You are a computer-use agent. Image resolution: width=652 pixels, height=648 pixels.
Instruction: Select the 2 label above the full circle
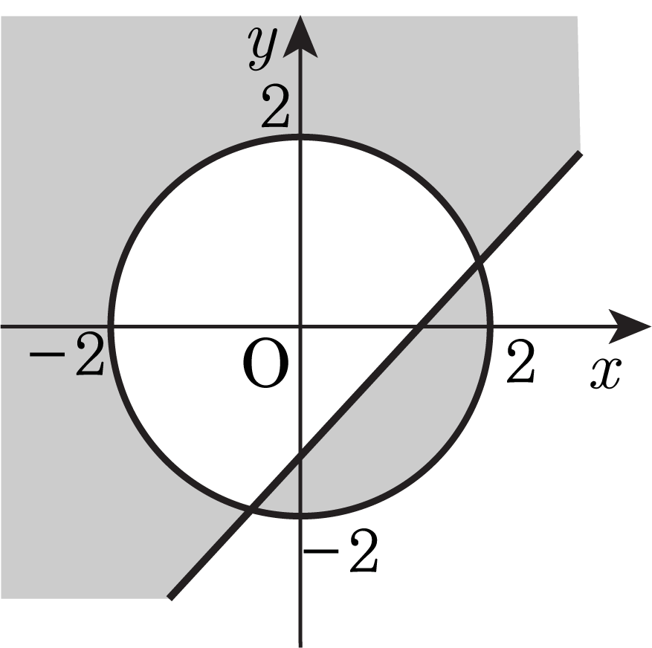point(275,109)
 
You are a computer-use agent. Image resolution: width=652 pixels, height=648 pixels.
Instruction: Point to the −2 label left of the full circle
point(67,358)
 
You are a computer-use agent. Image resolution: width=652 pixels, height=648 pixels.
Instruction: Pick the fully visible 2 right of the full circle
point(520,364)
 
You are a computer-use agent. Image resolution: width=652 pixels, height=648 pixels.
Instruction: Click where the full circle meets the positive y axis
point(300,137)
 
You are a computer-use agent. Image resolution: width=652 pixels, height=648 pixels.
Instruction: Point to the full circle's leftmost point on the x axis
point(111,325)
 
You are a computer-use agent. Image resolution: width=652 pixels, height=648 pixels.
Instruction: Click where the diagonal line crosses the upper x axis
point(420,325)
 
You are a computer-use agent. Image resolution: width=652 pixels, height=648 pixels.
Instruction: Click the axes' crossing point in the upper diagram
point(300,325)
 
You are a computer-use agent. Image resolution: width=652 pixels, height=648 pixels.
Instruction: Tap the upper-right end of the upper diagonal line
point(578,153)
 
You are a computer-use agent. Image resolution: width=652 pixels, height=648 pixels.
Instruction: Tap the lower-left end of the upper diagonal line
point(171,597)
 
